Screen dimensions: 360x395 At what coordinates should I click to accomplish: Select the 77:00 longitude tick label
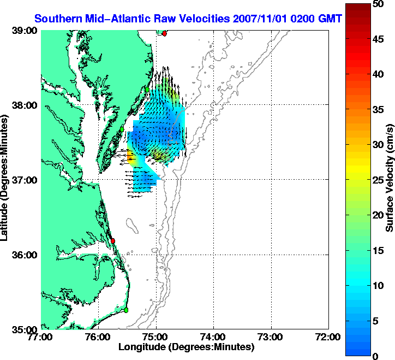(x=41, y=337)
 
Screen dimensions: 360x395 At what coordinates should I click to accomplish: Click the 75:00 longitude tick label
(x=156, y=337)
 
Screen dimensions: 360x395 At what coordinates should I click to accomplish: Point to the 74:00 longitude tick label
(x=213, y=337)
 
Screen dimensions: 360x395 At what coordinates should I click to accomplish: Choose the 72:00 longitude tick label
(x=329, y=337)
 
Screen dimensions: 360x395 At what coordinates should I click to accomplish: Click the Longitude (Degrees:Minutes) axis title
(x=186, y=347)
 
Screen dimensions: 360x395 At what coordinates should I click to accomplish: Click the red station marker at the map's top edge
(x=164, y=33)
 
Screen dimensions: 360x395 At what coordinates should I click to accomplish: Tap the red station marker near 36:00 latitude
(x=113, y=240)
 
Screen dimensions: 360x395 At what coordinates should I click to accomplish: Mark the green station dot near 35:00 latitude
(x=125, y=310)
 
